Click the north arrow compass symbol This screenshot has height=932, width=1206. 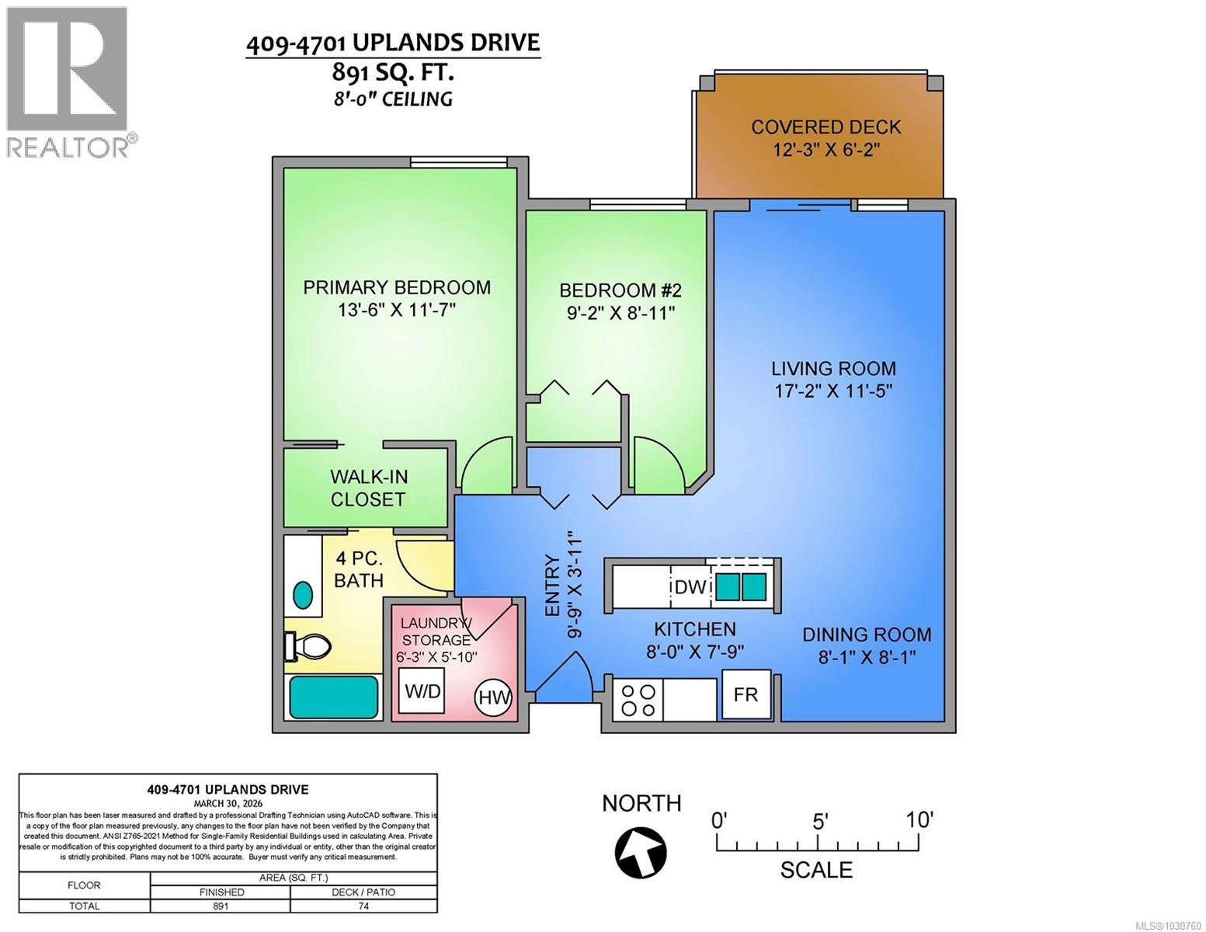point(641,850)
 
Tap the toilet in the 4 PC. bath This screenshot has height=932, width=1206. point(309,645)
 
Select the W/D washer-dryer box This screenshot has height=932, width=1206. point(422,690)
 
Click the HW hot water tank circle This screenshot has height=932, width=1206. point(495,696)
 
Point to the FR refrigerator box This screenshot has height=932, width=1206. point(745,694)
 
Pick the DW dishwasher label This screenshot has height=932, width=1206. point(690,587)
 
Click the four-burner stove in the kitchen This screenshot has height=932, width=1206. point(638,700)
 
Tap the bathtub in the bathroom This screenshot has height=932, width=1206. point(334,697)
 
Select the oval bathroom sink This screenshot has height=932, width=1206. point(304,595)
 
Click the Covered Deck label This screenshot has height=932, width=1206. point(825,127)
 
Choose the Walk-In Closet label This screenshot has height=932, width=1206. point(368,488)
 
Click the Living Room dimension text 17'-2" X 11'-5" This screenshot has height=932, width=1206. point(833,391)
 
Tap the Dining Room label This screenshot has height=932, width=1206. point(867,635)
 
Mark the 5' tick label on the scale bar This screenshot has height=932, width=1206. point(820,821)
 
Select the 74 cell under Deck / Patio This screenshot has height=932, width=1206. point(363,906)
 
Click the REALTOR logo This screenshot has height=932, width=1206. point(68,82)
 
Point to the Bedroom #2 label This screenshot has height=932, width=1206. point(620,290)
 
